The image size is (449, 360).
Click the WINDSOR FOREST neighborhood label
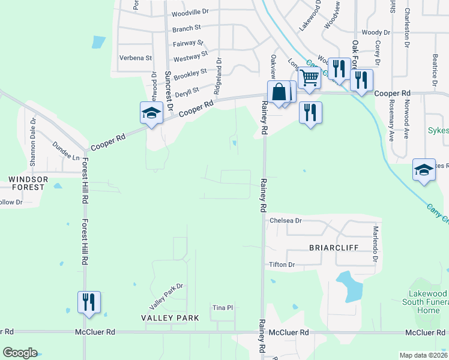coord(26,183)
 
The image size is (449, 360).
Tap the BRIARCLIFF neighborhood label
coord(333,247)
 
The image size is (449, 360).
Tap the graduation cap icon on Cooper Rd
coord(151,112)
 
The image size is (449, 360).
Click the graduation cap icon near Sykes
coord(424,170)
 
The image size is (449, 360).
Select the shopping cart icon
coord(309,77)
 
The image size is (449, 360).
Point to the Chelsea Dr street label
coord(285,221)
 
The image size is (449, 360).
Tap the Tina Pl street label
coord(222,308)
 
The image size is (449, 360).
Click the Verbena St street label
coord(136,58)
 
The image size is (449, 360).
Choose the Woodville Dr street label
coord(190,12)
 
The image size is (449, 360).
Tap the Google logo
coord(20,353)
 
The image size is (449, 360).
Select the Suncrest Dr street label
coord(169,93)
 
